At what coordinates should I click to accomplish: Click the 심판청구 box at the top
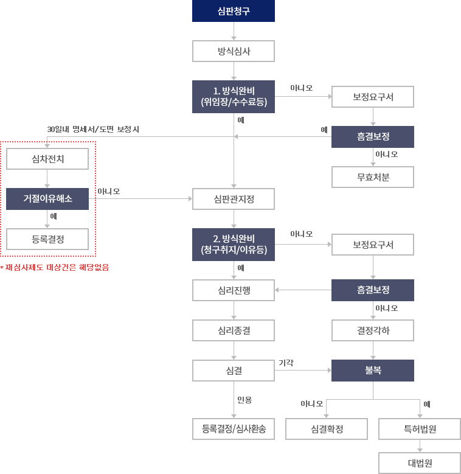tap(234, 11)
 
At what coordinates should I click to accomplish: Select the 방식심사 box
tap(234, 51)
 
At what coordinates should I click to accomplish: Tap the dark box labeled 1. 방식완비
tap(234, 97)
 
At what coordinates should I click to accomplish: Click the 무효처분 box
tap(373, 177)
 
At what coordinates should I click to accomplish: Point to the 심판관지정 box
tap(234, 198)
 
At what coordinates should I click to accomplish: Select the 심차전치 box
tap(47, 158)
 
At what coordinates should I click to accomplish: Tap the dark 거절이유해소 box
tap(47, 198)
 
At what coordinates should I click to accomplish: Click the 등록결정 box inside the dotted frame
tap(47, 239)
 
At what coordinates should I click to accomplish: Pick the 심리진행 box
tap(234, 290)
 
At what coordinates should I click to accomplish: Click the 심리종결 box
tap(234, 330)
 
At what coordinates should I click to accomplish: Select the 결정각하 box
tap(373, 330)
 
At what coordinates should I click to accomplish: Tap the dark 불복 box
tap(373, 370)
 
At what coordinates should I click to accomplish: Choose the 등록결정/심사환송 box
tap(234, 429)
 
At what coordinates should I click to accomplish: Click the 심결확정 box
tap(327, 429)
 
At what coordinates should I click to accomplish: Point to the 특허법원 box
tap(420, 429)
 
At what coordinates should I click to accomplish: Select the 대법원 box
tap(420, 462)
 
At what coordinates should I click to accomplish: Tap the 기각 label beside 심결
tap(286, 363)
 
